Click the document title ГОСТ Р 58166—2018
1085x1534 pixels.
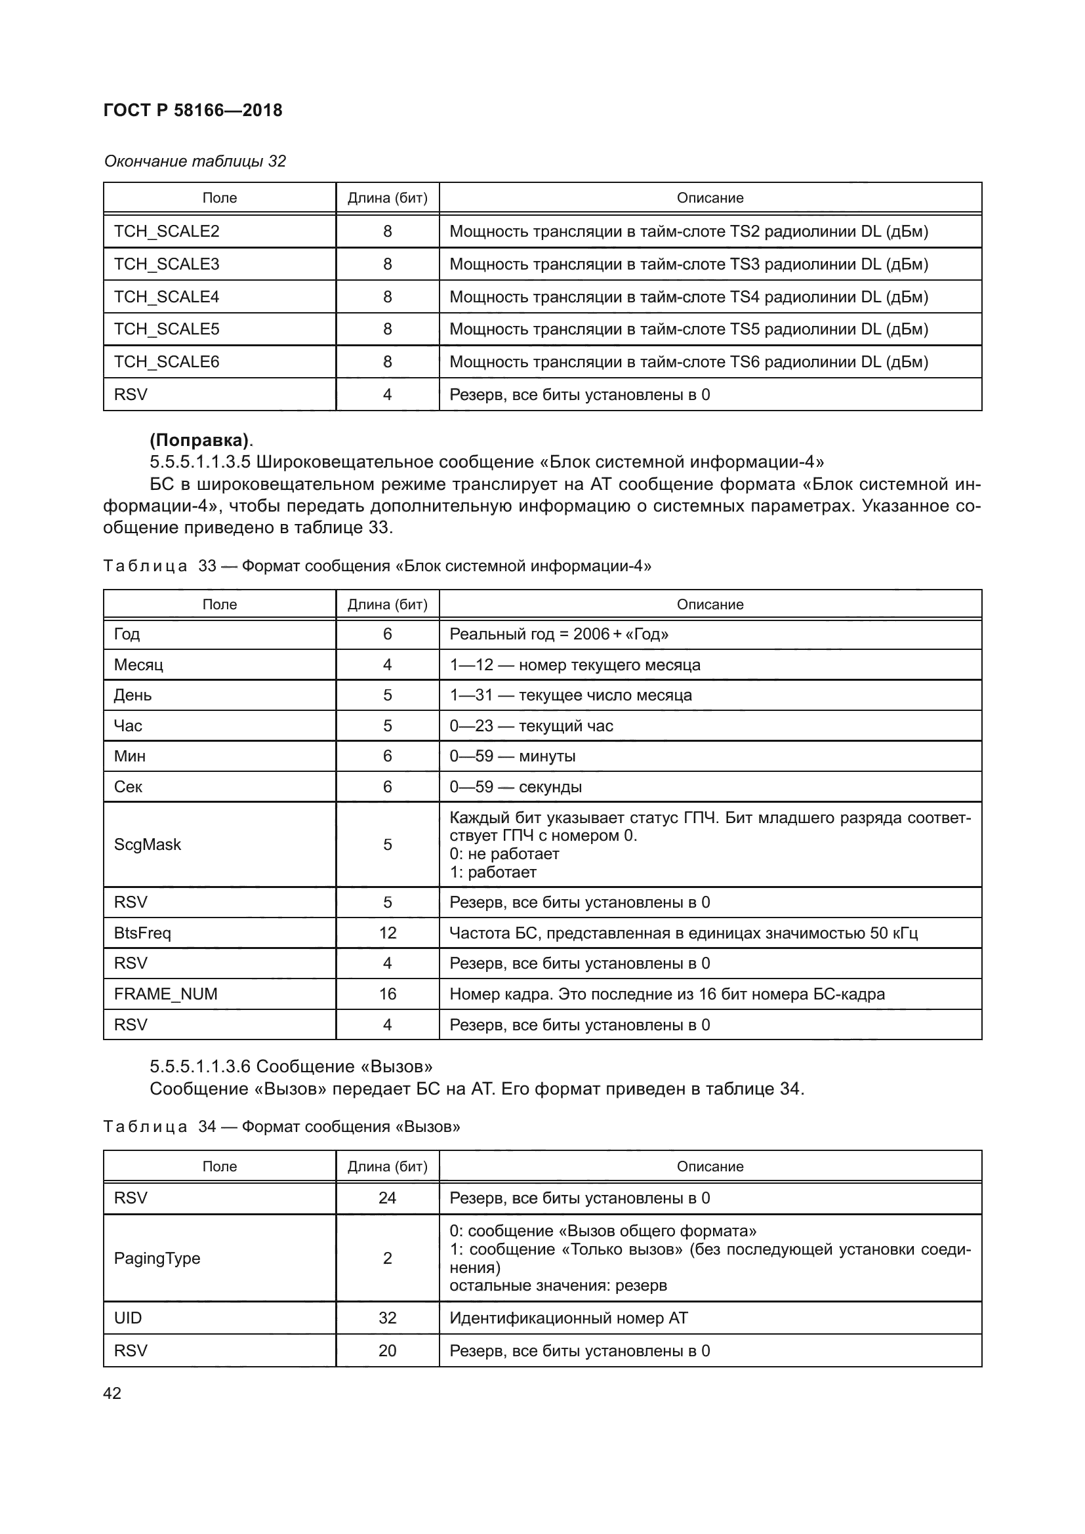(x=192, y=110)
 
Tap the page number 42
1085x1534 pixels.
(x=112, y=1393)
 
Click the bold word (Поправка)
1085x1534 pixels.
(x=200, y=440)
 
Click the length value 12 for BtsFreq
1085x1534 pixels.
(x=388, y=933)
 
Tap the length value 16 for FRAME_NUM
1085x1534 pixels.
(x=388, y=994)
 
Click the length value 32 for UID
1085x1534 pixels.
(x=388, y=1318)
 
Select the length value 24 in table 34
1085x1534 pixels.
(x=388, y=1198)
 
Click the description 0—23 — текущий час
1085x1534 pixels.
(x=531, y=725)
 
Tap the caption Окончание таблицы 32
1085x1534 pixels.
(x=194, y=161)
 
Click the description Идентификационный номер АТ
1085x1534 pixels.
(x=569, y=1318)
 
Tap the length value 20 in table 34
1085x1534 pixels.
(x=388, y=1350)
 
